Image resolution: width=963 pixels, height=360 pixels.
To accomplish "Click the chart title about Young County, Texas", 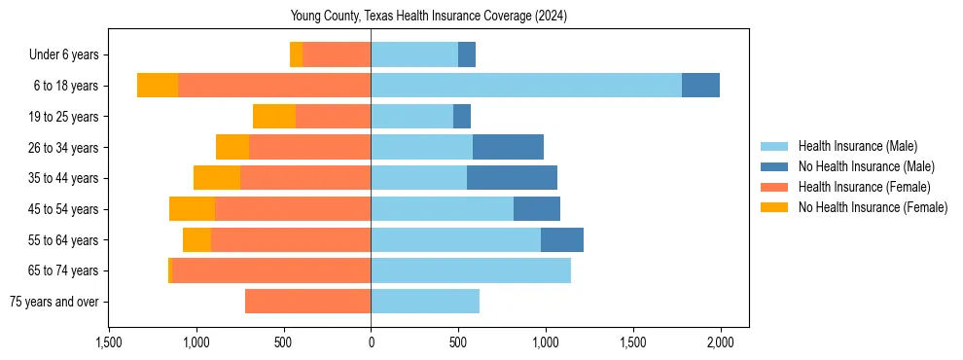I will [429, 17].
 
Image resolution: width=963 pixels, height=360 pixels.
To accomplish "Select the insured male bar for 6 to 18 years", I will [525, 85].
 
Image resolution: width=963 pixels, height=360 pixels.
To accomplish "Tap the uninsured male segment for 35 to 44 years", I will [512, 178].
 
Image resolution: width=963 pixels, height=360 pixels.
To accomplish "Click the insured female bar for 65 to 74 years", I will [271, 270].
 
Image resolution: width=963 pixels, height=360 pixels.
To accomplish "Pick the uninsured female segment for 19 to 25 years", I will [274, 117].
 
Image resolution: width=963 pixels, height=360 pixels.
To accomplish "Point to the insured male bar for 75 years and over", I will [425, 302].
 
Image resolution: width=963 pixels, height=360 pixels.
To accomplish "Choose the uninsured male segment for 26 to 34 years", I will [508, 147].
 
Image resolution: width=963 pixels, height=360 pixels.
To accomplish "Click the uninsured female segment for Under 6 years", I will [296, 54].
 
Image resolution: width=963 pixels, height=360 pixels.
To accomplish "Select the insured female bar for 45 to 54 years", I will [293, 209].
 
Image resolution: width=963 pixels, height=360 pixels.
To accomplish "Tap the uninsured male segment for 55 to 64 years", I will [562, 239].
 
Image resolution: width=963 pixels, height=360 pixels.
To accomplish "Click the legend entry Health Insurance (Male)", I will [857, 146].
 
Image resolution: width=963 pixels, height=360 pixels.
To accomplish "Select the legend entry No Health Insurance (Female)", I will [873, 207].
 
